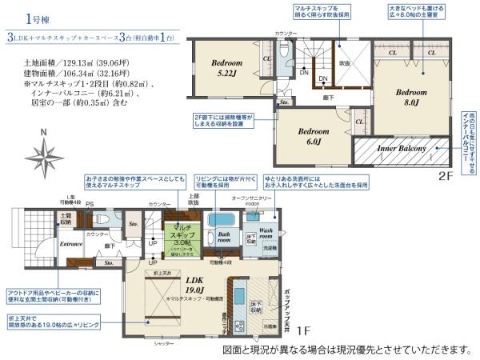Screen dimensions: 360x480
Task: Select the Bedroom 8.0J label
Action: (x=411, y=96)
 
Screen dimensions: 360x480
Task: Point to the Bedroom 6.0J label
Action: (x=314, y=137)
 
